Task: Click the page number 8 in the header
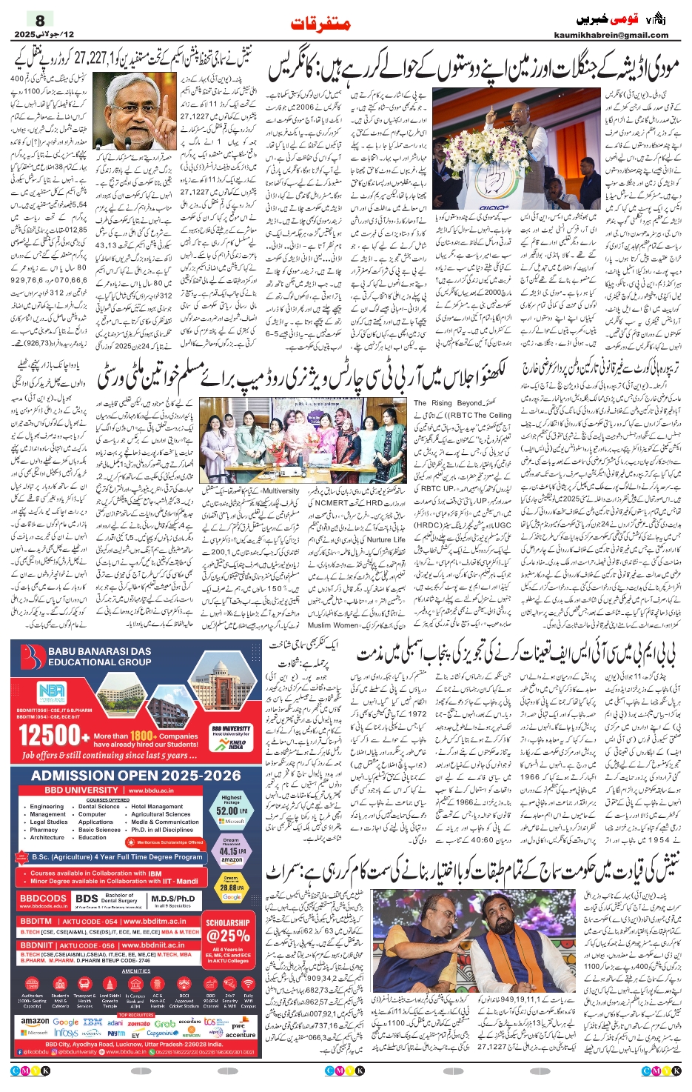(x=40, y=20)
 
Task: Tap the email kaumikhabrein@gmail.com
(x=611, y=35)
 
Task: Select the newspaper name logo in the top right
(x=622, y=18)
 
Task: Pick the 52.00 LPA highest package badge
(x=231, y=810)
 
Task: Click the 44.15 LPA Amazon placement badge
(x=231, y=851)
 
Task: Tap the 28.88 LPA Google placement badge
(x=231, y=887)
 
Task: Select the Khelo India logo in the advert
(x=236, y=744)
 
